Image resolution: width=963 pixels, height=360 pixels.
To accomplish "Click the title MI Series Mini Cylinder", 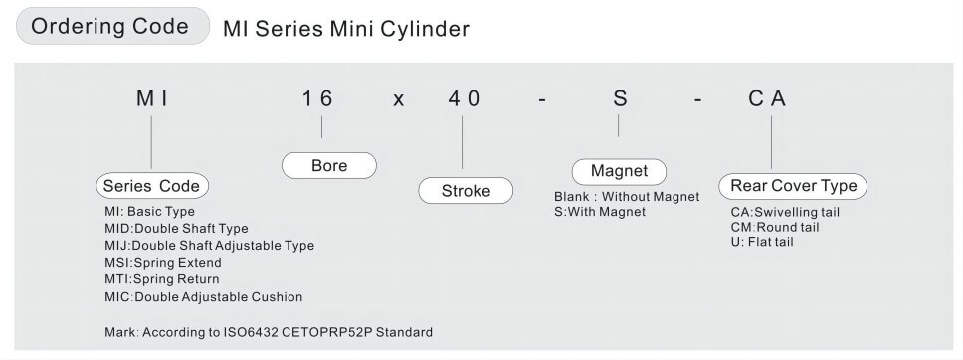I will (x=345, y=29).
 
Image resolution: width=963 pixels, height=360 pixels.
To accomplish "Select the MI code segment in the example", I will (x=151, y=99).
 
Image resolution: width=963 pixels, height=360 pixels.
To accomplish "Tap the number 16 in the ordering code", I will (x=318, y=99).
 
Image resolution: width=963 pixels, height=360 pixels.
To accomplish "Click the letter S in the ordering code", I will (x=618, y=99).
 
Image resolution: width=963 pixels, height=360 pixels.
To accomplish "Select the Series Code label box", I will (x=152, y=186).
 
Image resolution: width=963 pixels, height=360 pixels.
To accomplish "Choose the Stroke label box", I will (x=466, y=191).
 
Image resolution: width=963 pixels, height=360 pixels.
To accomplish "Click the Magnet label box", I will (x=619, y=170).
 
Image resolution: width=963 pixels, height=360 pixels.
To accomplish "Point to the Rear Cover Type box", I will (x=793, y=186).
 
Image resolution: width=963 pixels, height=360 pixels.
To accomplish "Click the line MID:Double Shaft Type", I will (x=176, y=229).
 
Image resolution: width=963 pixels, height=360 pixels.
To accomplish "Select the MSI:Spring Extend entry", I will (x=162, y=263).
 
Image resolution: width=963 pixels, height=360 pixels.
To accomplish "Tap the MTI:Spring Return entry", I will (x=162, y=279).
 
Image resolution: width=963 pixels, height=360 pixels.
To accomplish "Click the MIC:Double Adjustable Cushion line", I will (x=203, y=296).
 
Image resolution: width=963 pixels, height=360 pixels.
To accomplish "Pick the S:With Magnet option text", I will (x=600, y=212).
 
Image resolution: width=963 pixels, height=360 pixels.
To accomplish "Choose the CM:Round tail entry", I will (x=775, y=227).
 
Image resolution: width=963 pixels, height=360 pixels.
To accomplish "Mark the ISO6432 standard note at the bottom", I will (x=268, y=331).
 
